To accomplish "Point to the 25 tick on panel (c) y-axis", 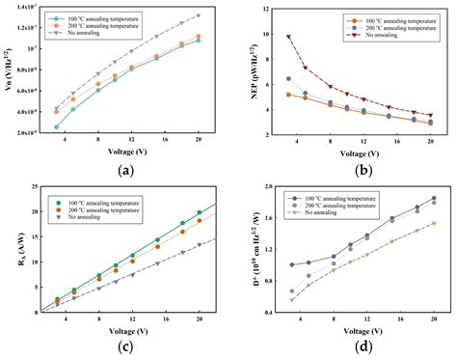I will click(26, 190).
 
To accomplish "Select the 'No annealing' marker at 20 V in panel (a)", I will click(199, 15).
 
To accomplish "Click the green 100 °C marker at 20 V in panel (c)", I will click(199, 212).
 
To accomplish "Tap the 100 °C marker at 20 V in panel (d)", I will click(434, 198).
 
